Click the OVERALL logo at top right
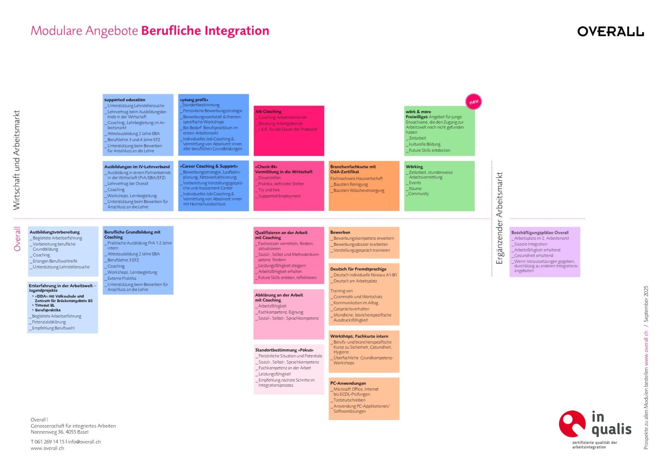610,31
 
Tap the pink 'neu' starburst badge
474,102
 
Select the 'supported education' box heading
125,100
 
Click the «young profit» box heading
194,100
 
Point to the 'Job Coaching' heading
268,112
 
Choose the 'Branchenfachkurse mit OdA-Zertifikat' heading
353,169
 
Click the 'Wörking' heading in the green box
414,167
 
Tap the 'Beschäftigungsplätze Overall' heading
540,233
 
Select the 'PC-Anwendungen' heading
348,383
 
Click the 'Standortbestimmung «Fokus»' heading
284,350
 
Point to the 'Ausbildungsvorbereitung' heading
55,232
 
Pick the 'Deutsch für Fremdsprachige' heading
358,269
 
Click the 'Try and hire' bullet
269,190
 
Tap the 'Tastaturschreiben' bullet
349,400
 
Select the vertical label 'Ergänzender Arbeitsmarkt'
500,218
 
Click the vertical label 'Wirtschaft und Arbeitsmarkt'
17,160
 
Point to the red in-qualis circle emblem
572,424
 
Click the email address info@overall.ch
84,442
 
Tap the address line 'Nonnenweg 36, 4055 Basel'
60,432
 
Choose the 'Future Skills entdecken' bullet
429,151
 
